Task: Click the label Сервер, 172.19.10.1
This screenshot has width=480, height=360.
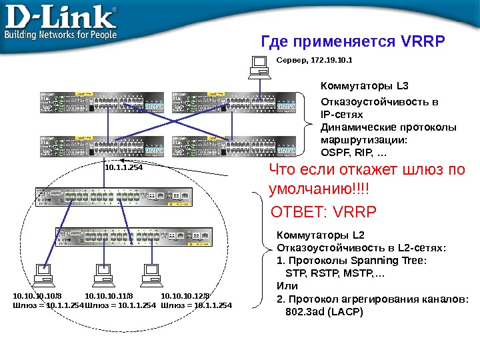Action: click(x=314, y=60)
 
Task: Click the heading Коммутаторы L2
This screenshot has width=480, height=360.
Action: click(x=321, y=235)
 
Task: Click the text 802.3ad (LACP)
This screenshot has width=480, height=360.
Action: click(x=324, y=310)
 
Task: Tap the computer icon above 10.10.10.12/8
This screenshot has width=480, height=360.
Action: click(x=151, y=273)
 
